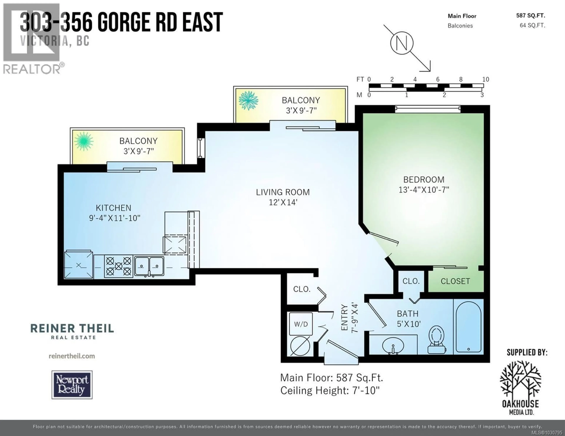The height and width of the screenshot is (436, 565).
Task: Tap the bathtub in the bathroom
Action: (468, 326)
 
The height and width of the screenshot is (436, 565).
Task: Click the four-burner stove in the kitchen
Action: (118, 266)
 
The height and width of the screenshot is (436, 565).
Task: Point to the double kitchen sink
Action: (149, 266)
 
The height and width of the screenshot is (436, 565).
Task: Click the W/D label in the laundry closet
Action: (301, 324)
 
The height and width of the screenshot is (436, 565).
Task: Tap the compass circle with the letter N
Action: (402, 43)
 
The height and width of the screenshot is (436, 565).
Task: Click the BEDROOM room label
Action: (424, 179)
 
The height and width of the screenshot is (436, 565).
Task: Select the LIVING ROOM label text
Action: (283, 192)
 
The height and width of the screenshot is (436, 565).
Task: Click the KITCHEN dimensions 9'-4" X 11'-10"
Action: (115, 218)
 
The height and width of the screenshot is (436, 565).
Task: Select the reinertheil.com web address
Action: (72, 356)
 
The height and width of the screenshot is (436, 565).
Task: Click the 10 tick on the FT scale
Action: (486, 79)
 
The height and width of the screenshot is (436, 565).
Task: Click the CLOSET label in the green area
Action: (455, 281)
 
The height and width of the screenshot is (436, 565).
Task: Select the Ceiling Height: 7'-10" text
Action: (330, 390)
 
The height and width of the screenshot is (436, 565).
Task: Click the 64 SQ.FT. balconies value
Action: (532, 25)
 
